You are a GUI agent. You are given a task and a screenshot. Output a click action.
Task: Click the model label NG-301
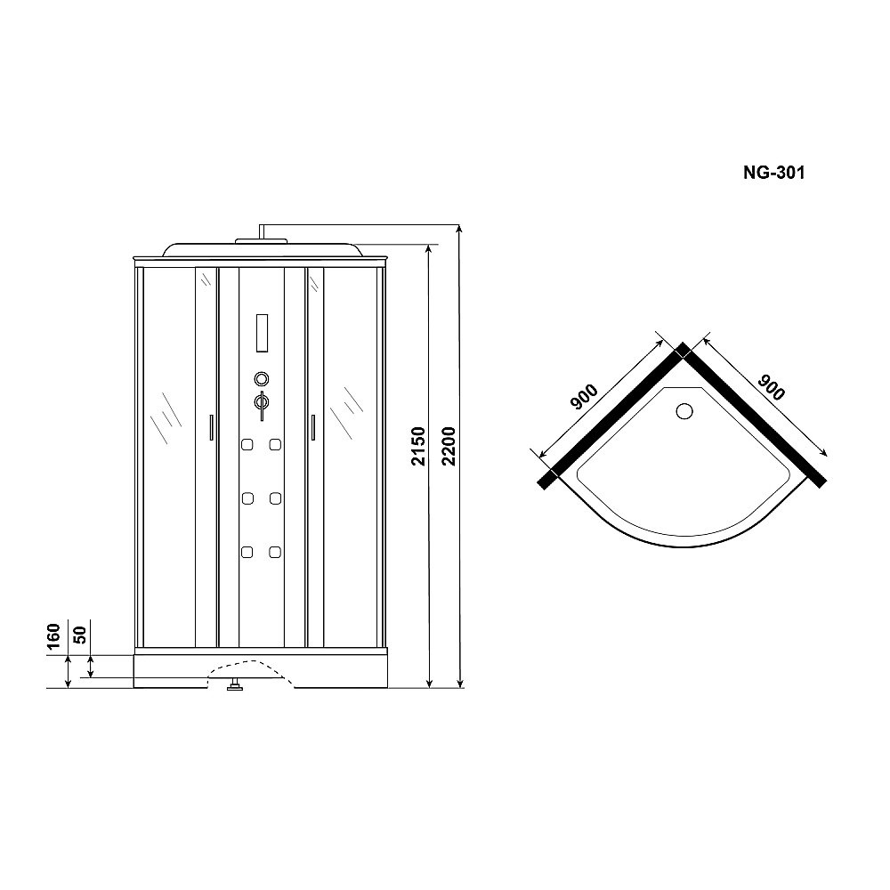(773, 174)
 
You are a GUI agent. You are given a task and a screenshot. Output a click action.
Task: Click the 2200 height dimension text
(449, 446)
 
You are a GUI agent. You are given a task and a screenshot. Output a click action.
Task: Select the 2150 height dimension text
(419, 446)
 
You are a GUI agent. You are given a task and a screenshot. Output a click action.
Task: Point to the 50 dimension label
(80, 635)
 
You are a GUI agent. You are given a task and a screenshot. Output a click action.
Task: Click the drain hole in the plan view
(684, 411)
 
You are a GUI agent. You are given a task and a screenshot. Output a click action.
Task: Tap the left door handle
(210, 427)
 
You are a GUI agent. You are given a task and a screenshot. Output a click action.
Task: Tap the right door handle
(313, 427)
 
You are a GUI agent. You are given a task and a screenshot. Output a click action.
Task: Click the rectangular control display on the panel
(262, 332)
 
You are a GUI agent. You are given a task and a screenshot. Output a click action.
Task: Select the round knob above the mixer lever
(262, 377)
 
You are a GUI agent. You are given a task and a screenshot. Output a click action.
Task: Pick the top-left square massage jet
(247, 444)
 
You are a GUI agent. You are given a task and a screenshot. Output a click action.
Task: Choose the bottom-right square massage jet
(276, 552)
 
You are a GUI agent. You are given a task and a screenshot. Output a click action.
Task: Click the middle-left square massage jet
(247, 498)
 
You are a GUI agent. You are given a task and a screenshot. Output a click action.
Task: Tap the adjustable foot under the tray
(234, 685)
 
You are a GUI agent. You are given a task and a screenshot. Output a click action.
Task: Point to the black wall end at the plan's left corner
(547, 480)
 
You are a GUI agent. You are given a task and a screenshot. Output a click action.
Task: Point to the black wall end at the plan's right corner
(821, 479)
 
